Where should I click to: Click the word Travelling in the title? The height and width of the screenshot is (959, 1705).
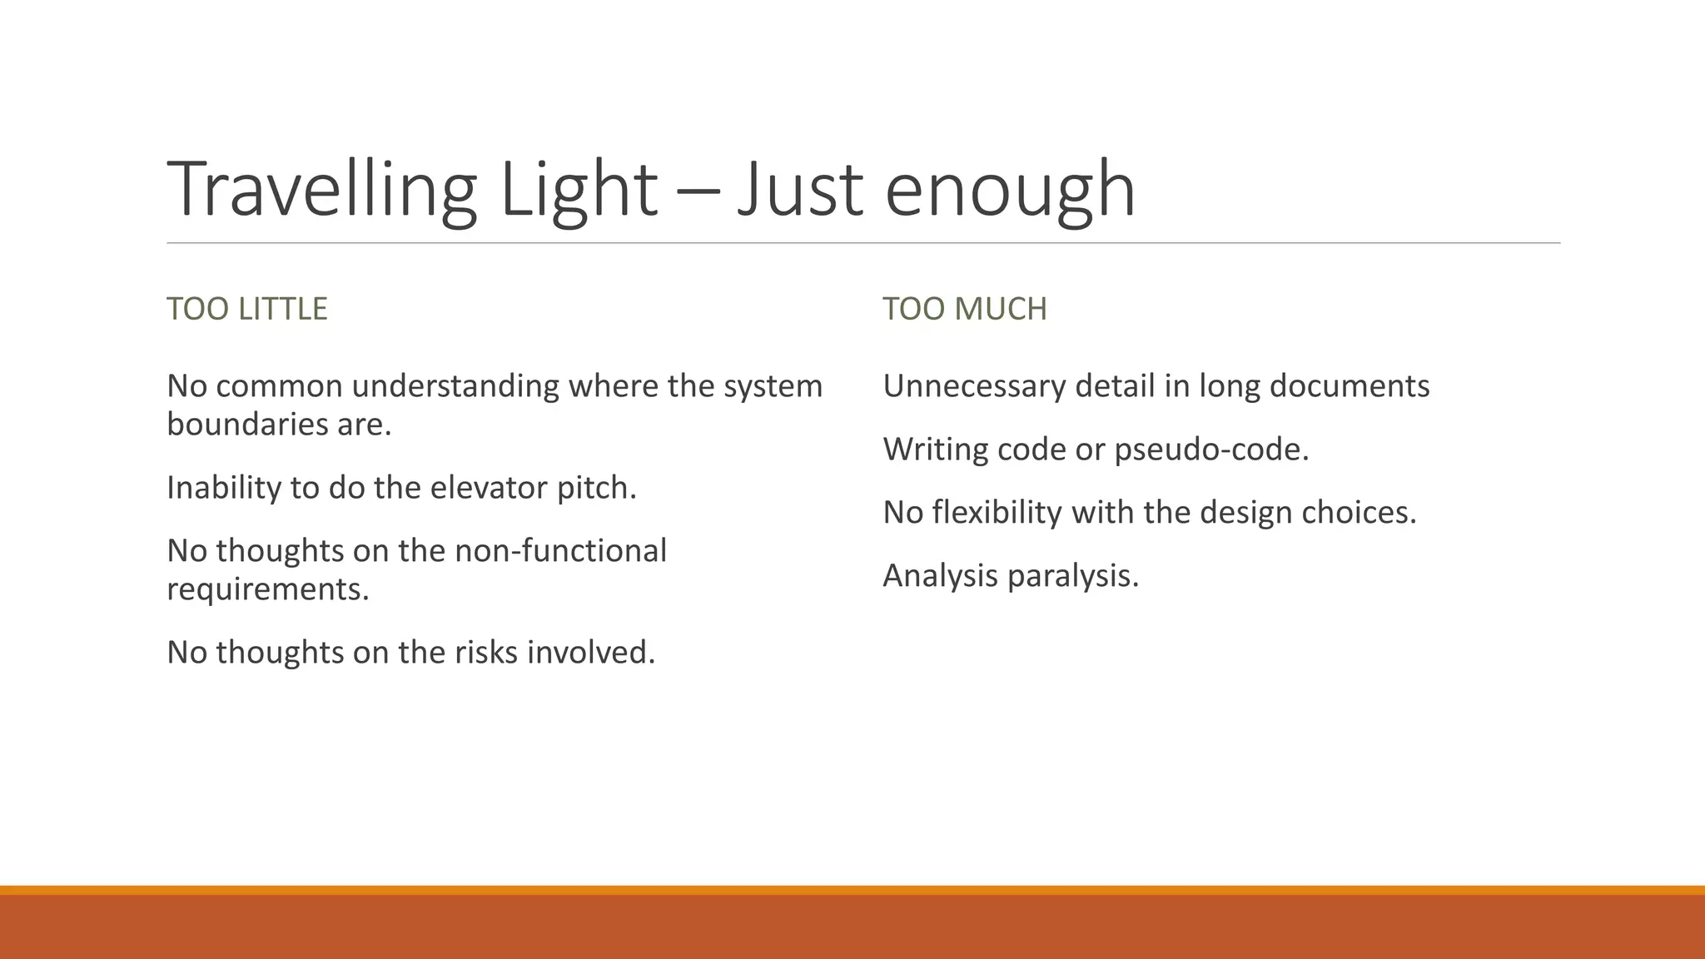click(x=321, y=190)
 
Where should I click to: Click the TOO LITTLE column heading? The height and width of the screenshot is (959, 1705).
click(x=247, y=309)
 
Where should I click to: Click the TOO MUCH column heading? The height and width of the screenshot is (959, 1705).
click(x=965, y=309)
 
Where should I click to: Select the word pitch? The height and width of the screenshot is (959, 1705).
click(x=597, y=488)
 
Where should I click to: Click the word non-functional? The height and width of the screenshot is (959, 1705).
click(x=560, y=551)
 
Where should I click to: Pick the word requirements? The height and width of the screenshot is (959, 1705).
click(x=267, y=589)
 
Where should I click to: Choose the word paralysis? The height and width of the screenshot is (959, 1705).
click(x=1073, y=576)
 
